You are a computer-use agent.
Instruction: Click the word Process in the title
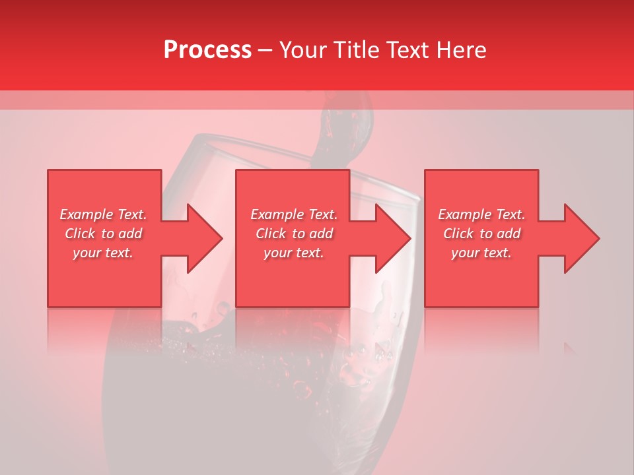pyautogui.click(x=207, y=50)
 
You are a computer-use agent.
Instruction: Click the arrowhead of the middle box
pyautogui.click(x=392, y=238)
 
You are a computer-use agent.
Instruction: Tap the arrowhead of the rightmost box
pyautogui.click(x=581, y=238)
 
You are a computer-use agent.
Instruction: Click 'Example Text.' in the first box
pyautogui.click(x=104, y=214)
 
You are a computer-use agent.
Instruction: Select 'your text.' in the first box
pyautogui.click(x=104, y=253)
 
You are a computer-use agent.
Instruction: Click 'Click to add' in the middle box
pyautogui.click(x=294, y=234)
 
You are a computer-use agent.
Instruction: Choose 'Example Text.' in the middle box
pyautogui.click(x=294, y=214)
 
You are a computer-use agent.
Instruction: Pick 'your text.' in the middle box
pyautogui.click(x=294, y=253)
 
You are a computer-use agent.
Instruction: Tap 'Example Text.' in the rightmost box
pyautogui.click(x=481, y=214)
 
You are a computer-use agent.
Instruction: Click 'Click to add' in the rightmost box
pyautogui.click(x=481, y=234)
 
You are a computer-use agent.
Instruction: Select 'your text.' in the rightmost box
pyautogui.click(x=481, y=253)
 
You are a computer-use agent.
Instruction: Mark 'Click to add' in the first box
pyautogui.click(x=104, y=234)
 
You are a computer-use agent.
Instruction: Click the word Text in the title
pyautogui.click(x=403, y=50)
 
